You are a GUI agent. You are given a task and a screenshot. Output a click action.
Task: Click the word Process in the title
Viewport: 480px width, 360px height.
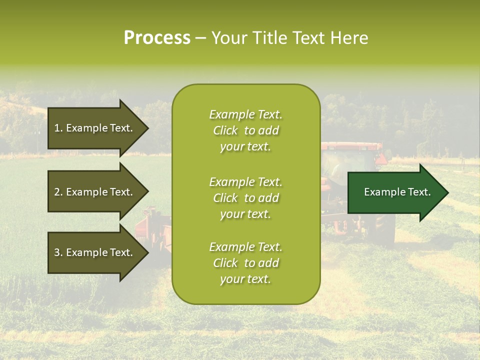[157, 38]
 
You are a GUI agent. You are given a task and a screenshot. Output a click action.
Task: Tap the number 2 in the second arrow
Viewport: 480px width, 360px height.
[57, 192]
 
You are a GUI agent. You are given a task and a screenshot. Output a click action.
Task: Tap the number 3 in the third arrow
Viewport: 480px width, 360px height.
[57, 252]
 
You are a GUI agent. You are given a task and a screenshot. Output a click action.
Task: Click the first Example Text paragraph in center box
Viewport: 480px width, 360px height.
[245, 130]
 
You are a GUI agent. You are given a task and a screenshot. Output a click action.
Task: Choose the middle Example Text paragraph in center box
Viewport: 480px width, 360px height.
[245, 198]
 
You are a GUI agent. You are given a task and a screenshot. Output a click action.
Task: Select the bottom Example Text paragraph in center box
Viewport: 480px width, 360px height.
[245, 263]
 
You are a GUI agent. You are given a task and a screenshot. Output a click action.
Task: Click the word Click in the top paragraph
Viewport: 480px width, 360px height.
[225, 130]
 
